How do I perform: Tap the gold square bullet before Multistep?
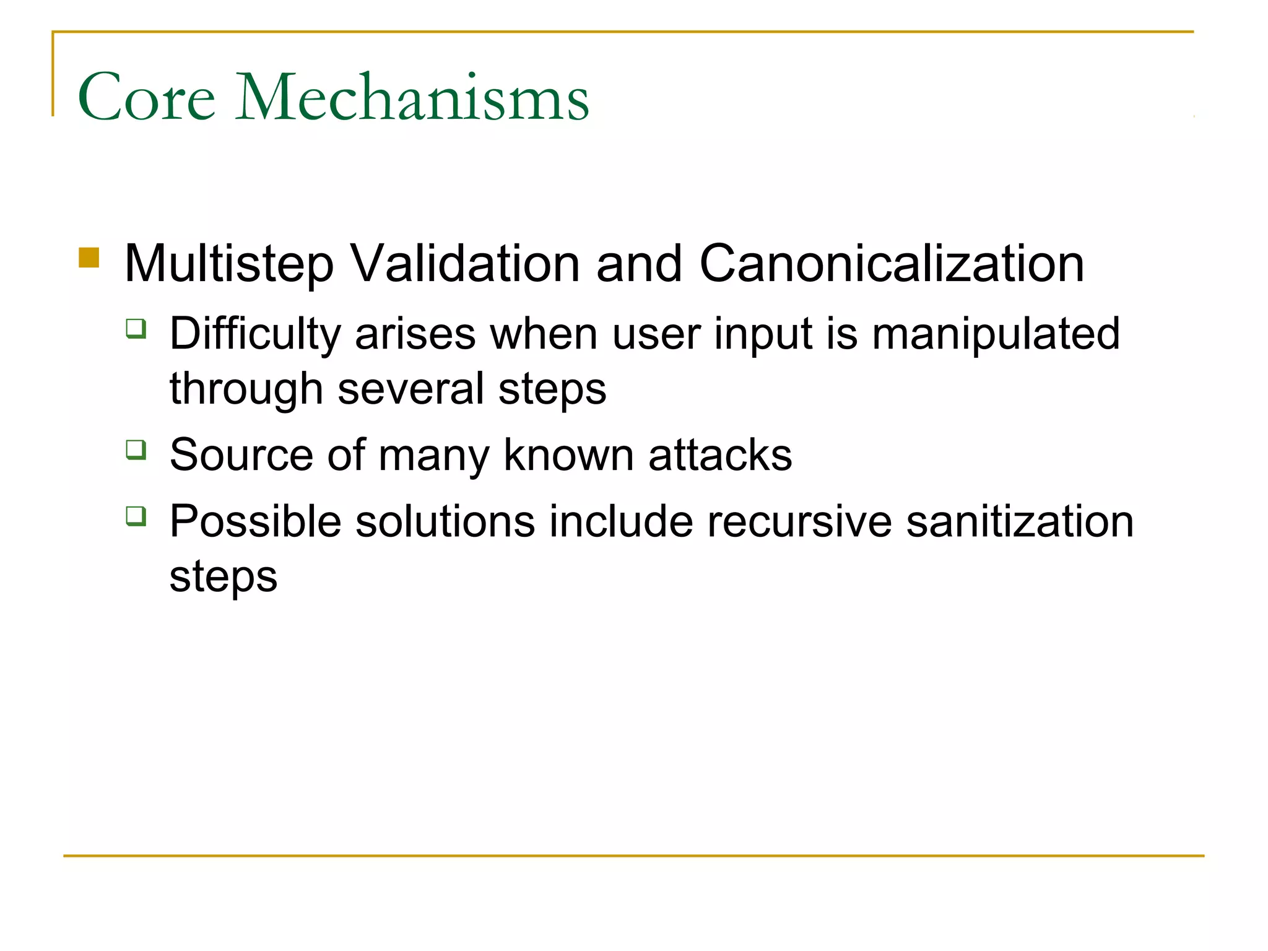point(89,258)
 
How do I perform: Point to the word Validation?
point(465,263)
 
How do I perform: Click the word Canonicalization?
point(892,263)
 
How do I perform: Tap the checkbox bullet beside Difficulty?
point(136,328)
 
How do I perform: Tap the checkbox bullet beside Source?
point(136,449)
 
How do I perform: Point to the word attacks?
point(720,455)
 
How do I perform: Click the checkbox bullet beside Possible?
point(136,515)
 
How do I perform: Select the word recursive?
point(799,521)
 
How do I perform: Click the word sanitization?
point(1020,521)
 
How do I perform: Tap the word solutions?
point(445,521)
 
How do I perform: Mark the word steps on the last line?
point(224,577)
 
